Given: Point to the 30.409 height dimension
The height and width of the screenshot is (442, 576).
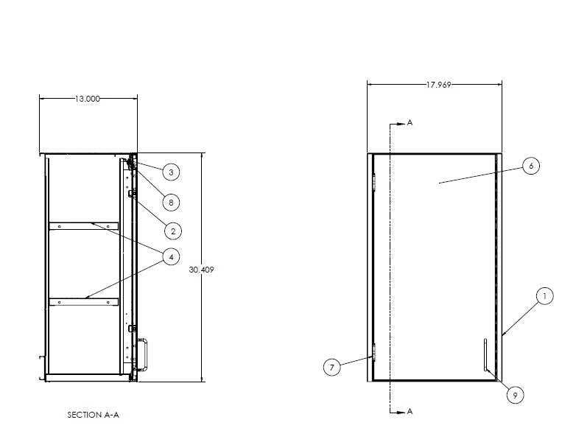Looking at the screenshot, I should point(201,270).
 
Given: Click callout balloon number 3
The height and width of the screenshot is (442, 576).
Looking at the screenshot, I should point(170,172).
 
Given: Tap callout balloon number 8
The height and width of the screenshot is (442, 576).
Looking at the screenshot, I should point(170,202).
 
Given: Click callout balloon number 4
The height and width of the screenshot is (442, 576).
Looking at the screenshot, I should point(170,257).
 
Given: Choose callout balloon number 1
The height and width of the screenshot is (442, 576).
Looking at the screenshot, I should point(544,297).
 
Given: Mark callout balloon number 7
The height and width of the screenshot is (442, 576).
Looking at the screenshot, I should point(333,367).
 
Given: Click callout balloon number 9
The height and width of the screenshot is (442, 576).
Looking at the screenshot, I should point(515,396).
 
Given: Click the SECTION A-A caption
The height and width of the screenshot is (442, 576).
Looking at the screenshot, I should point(93,415).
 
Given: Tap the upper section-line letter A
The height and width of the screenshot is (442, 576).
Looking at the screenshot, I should point(410,123).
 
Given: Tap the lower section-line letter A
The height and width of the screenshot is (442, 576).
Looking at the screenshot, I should point(410,411).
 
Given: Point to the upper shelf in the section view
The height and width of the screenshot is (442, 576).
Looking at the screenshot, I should point(83,226).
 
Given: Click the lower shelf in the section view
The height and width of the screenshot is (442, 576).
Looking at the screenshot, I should point(83,301).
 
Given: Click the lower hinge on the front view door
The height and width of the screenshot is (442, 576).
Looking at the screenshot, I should point(375,355).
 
